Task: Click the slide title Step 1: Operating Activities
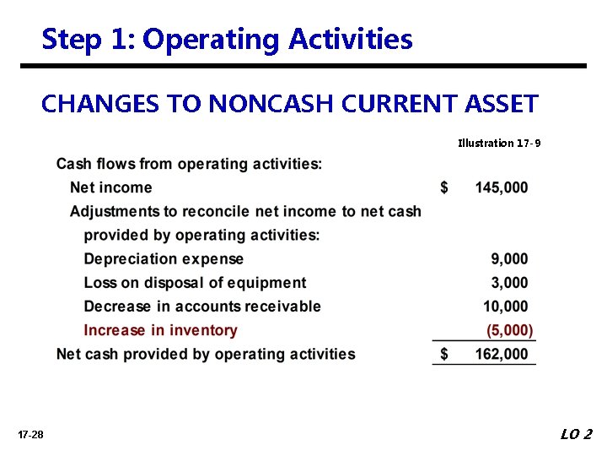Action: pyautogui.click(x=227, y=39)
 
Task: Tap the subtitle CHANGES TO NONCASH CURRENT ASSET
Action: pyautogui.click(x=289, y=104)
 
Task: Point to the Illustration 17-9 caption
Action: pyautogui.click(x=499, y=143)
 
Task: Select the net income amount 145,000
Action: pyautogui.click(x=502, y=187)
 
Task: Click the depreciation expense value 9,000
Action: pyautogui.click(x=509, y=259)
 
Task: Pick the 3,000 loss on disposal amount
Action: pyautogui.click(x=509, y=283)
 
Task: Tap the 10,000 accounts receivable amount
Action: pyautogui.click(x=506, y=307)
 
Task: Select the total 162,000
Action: pyautogui.click(x=502, y=355)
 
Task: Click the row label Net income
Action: pyautogui.click(x=111, y=187)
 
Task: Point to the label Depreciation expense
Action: pyautogui.click(x=164, y=259)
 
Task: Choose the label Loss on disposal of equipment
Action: pyautogui.click(x=195, y=283)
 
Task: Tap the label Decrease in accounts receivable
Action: pyautogui.click(x=202, y=307)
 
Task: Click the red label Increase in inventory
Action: pyautogui.click(x=160, y=330)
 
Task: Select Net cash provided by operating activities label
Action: pyautogui.click(x=206, y=355)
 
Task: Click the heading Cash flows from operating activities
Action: pyautogui.click(x=189, y=164)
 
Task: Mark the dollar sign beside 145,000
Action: pyautogui.click(x=444, y=187)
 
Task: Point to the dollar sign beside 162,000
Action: pyautogui.click(x=444, y=355)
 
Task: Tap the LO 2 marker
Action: pyautogui.click(x=576, y=434)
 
